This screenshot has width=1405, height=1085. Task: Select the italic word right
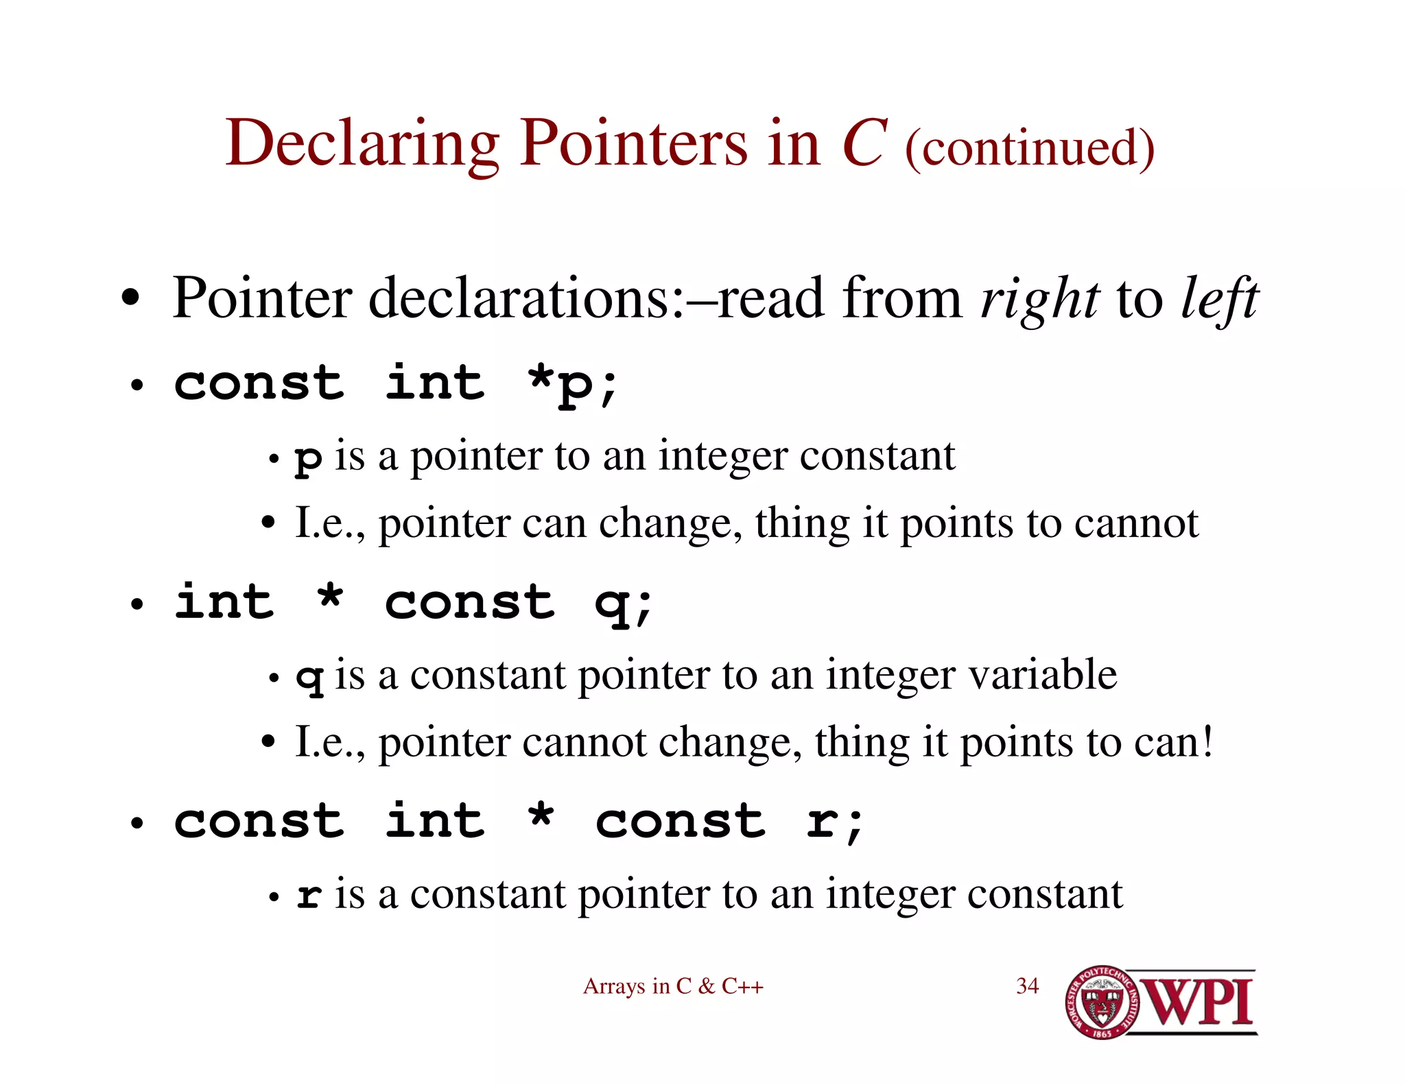(1040, 299)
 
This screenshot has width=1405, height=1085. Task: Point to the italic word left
(1220, 299)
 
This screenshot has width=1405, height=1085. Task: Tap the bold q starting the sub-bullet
(309, 678)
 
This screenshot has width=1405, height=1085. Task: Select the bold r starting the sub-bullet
(309, 896)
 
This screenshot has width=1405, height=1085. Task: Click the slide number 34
(1027, 986)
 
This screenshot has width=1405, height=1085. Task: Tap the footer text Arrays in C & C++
(673, 986)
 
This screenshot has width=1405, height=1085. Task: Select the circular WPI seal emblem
(1102, 1002)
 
